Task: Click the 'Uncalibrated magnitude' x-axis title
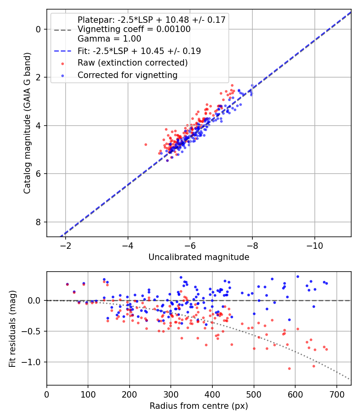pyautogui.click(x=199, y=257)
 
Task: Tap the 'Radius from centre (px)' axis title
pyautogui.click(x=199, y=406)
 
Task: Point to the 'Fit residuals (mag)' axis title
pyautogui.click(x=12, y=328)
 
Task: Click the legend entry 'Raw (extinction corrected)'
pyautogui.click(x=132, y=63)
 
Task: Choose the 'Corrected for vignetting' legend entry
pyautogui.click(x=127, y=75)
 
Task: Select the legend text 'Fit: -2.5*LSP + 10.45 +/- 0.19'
pyautogui.click(x=139, y=51)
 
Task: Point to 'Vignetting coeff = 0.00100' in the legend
pyautogui.click(x=134, y=29)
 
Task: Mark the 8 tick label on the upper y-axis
pyautogui.click(x=38, y=222)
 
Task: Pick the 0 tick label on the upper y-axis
pyautogui.click(x=38, y=29)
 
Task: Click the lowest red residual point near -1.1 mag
pyautogui.click(x=289, y=368)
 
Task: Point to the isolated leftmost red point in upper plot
pyautogui.click(x=146, y=144)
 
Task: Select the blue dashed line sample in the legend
pyautogui.click(x=63, y=51)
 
